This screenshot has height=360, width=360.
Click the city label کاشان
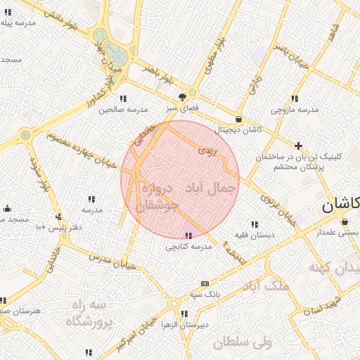(340, 205)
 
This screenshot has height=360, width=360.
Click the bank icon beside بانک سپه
(205, 283)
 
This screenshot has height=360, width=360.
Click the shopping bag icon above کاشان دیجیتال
(240, 120)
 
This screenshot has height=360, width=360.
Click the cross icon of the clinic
(299, 146)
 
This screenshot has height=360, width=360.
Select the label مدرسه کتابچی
(188, 247)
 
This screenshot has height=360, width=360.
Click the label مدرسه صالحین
(123, 110)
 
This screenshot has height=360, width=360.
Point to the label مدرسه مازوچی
(295, 110)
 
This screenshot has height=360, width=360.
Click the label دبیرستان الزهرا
(185, 325)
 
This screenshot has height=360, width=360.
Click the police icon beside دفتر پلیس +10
(59, 217)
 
